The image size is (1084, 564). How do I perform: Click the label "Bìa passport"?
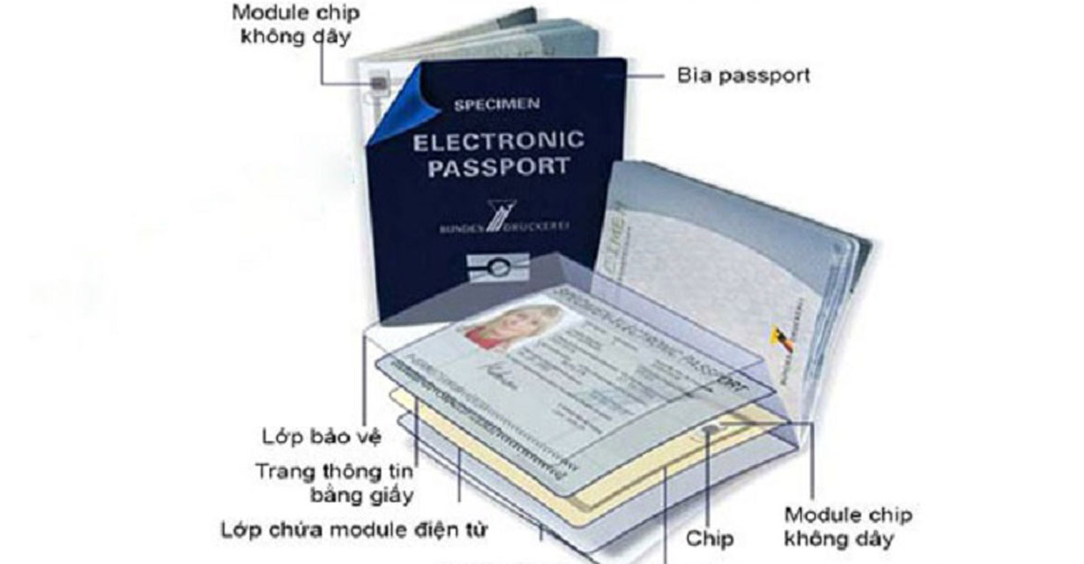pyautogui.click(x=743, y=75)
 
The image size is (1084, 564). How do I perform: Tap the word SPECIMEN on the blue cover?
pyautogui.click(x=497, y=105)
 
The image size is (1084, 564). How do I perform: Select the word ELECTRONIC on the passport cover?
pyautogui.click(x=498, y=141)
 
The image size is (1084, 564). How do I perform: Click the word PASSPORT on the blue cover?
pyautogui.click(x=498, y=169)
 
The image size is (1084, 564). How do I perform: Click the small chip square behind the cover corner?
pyautogui.click(x=380, y=84)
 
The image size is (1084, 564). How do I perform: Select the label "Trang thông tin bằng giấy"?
pyautogui.click(x=335, y=483)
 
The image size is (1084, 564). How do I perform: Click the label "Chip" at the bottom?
pyautogui.click(x=709, y=540)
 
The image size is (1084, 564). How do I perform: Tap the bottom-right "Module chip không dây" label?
pyautogui.click(x=847, y=528)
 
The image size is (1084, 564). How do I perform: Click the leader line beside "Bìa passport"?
pyautogui.click(x=647, y=75)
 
